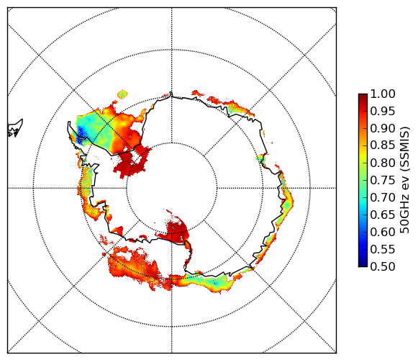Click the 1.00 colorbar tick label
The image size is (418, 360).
pyautogui.click(x=383, y=94)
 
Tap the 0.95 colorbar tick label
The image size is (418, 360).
pyautogui.click(x=383, y=112)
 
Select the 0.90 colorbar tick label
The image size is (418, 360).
pyautogui.click(x=383, y=128)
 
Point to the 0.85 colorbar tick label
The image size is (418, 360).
pyautogui.click(x=383, y=145)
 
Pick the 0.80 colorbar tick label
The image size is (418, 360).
pyautogui.click(x=383, y=163)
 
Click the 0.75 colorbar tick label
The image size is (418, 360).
pyautogui.click(x=383, y=180)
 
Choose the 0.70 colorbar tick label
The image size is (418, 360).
pyautogui.click(x=383, y=197)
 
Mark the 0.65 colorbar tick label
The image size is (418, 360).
pyautogui.click(x=383, y=215)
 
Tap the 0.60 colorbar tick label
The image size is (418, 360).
pyautogui.click(x=383, y=232)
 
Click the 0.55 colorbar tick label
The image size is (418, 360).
pyautogui.click(x=383, y=249)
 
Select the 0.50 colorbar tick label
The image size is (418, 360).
pyautogui.click(x=383, y=266)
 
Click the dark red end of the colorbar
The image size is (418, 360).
pyautogui.click(x=363, y=95)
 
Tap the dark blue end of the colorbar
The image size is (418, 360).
pyautogui.click(x=363, y=265)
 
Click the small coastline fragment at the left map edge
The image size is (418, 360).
pyautogui.click(x=15, y=128)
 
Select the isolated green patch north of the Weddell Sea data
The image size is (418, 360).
pyautogui.click(x=122, y=94)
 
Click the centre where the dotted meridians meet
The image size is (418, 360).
pyautogui.click(x=172, y=188)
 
